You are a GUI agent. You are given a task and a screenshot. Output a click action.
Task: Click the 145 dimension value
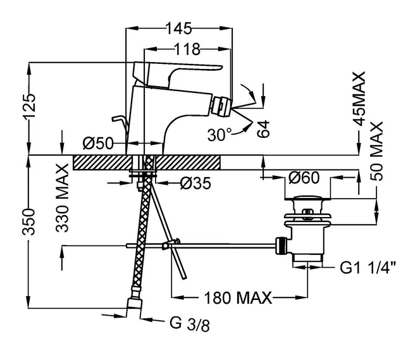click(x=180, y=28)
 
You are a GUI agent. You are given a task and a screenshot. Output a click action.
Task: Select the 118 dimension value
click(x=187, y=49)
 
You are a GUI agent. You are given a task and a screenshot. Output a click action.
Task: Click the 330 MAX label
click(x=61, y=190)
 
